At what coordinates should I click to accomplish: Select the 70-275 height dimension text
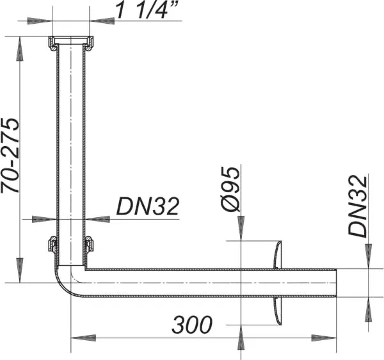(12, 156)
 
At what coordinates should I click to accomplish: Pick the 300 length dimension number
(191, 325)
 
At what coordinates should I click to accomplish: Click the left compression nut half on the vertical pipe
(52, 245)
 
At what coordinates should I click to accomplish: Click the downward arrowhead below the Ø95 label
(240, 231)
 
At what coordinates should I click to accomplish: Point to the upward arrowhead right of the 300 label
(240, 336)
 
